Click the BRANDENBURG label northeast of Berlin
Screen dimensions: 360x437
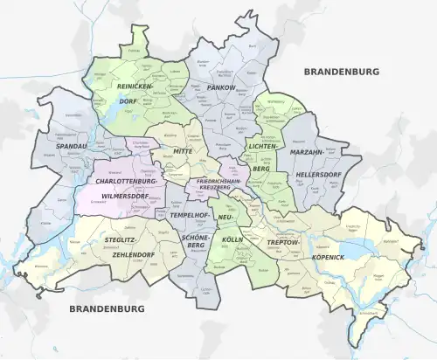pyautogui.click(x=341, y=72)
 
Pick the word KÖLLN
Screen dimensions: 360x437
pyautogui.click(x=232, y=238)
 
